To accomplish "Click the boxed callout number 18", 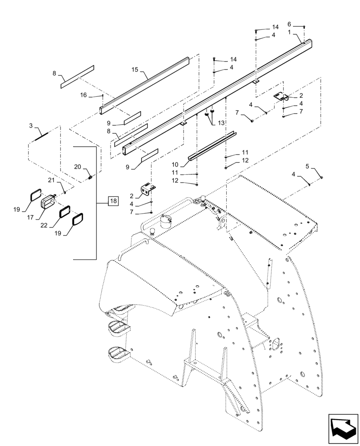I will point(113,201).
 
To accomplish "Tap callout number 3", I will point(31,126).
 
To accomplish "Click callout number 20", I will point(77,166).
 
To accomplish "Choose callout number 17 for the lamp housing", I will point(30,218).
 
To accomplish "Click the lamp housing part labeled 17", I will point(47,202).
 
